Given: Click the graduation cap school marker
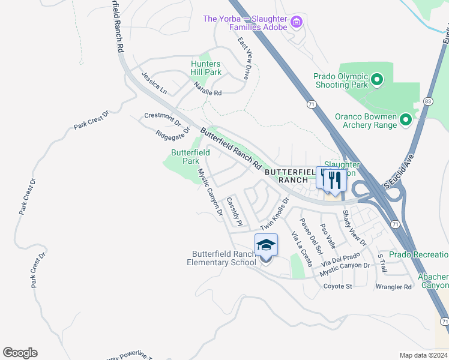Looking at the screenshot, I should [266, 245].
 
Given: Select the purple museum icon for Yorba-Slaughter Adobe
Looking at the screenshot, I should [295, 23].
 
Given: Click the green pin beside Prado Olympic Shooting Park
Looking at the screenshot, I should [376, 79].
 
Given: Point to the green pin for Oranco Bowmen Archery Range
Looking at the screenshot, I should [405, 120].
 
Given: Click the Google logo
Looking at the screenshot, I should [20, 353].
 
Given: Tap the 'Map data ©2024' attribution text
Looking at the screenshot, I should [423, 355].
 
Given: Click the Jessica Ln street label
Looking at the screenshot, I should [154, 83].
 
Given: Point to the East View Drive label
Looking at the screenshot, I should [244, 59].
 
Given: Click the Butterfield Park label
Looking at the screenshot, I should [190, 157].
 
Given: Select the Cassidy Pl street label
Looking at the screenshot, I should [234, 212].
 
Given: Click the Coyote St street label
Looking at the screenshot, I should [337, 286].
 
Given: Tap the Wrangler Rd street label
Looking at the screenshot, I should [393, 287].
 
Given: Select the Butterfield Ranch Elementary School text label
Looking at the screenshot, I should [221, 258].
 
